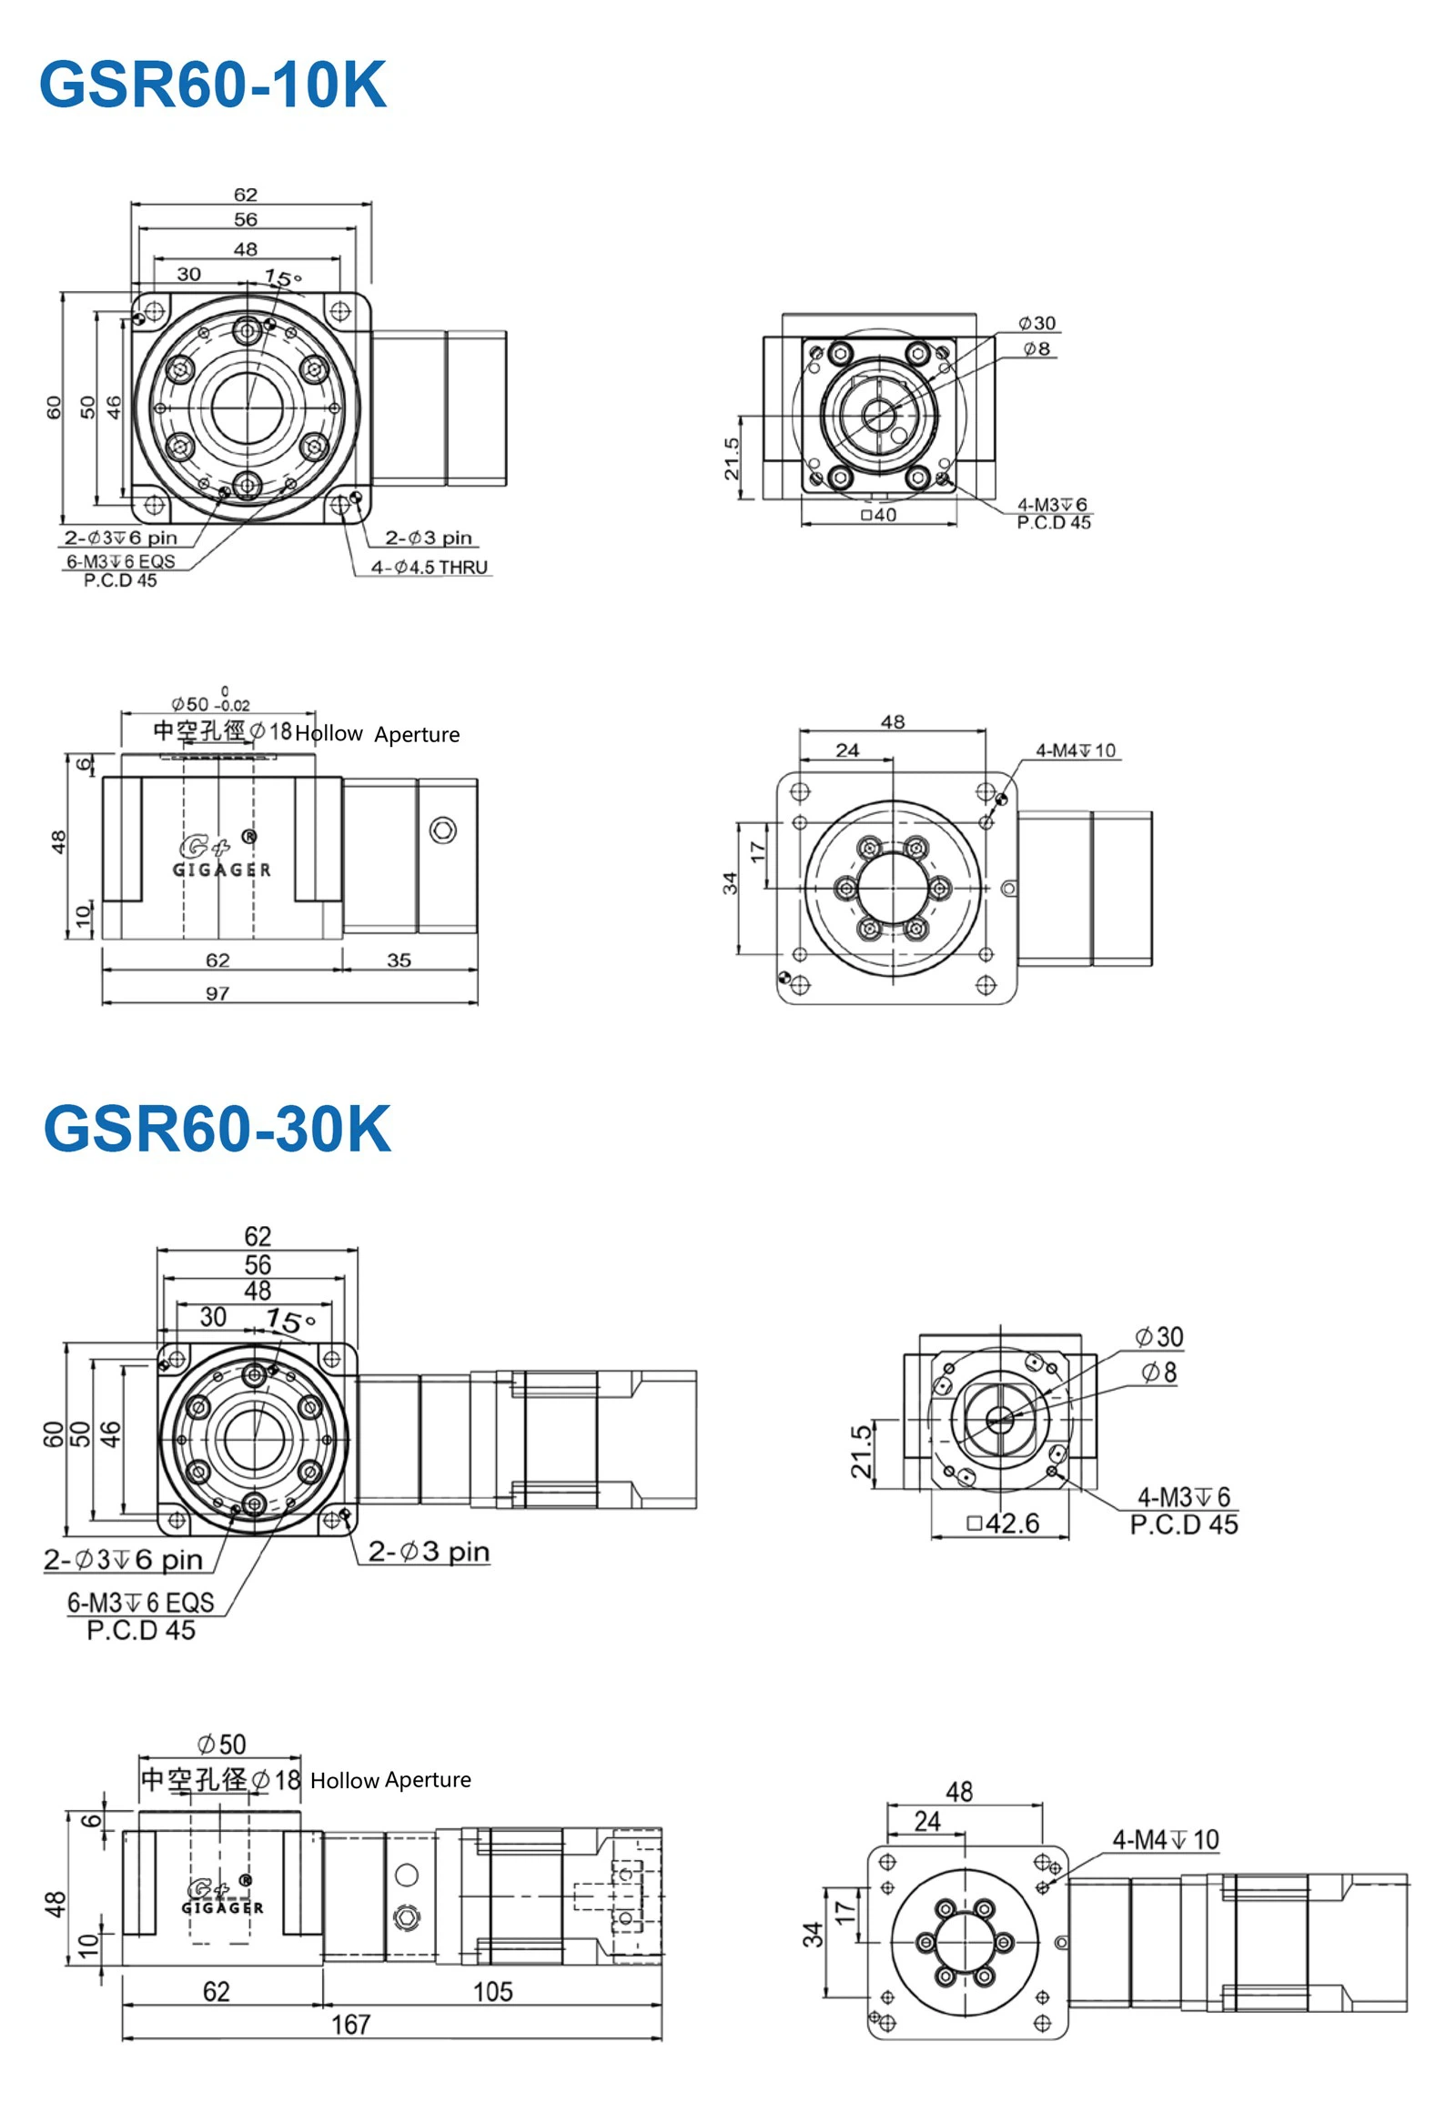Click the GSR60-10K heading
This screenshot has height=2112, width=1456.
(213, 85)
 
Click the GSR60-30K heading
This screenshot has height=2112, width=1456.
(217, 1129)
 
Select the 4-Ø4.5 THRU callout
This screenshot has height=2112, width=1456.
(429, 568)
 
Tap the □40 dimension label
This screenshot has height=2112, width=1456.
(878, 515)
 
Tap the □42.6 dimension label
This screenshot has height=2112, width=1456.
(1003, 1523)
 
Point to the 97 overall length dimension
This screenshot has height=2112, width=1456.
(217, 993)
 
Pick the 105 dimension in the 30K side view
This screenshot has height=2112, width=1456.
(492, 1992)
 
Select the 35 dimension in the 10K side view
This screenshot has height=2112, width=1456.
(399, 960)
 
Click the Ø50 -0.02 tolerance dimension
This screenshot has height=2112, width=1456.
(210, 703)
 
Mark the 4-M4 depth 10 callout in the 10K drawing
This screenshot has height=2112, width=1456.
(1076, 750)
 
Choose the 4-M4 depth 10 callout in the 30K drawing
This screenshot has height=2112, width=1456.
(1165, 1840)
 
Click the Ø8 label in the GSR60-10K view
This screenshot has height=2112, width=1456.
(1036, 348)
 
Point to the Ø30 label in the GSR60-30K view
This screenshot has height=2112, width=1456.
(1158, 1337)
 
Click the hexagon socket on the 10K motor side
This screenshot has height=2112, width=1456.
(443, 830)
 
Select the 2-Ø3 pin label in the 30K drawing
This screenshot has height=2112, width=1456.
(429, 1551)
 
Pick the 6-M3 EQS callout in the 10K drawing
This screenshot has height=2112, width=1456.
(120, 562)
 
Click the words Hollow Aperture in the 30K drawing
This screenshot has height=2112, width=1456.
(390, 1780)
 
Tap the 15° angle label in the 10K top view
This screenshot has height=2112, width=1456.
(283, 278)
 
